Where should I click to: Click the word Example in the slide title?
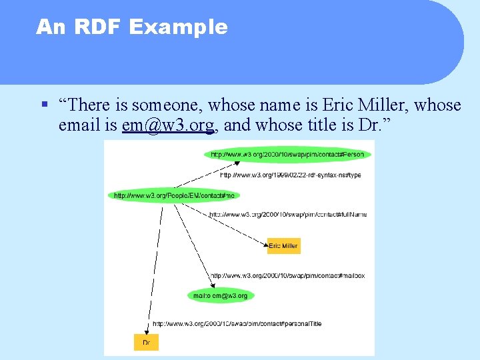[x=178, y=27]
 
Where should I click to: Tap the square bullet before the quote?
[x=43, y=105]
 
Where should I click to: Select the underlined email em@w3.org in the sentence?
[x=168, y=125]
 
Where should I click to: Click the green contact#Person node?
[x=287, y=155]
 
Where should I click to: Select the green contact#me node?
[x=173, y=195]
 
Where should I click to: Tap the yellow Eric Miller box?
[x=283, y=246]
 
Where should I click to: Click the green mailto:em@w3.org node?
[x=220, y=295]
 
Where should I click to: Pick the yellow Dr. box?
[x=146, y=342]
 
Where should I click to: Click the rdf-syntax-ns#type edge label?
[x=291, y=175]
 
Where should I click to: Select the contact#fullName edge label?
[x=288, y=215]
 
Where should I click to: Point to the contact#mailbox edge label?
[x=287, y=275]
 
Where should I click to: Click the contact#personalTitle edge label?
[x=237, y=323]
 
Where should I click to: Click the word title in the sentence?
[x=303, y=125]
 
